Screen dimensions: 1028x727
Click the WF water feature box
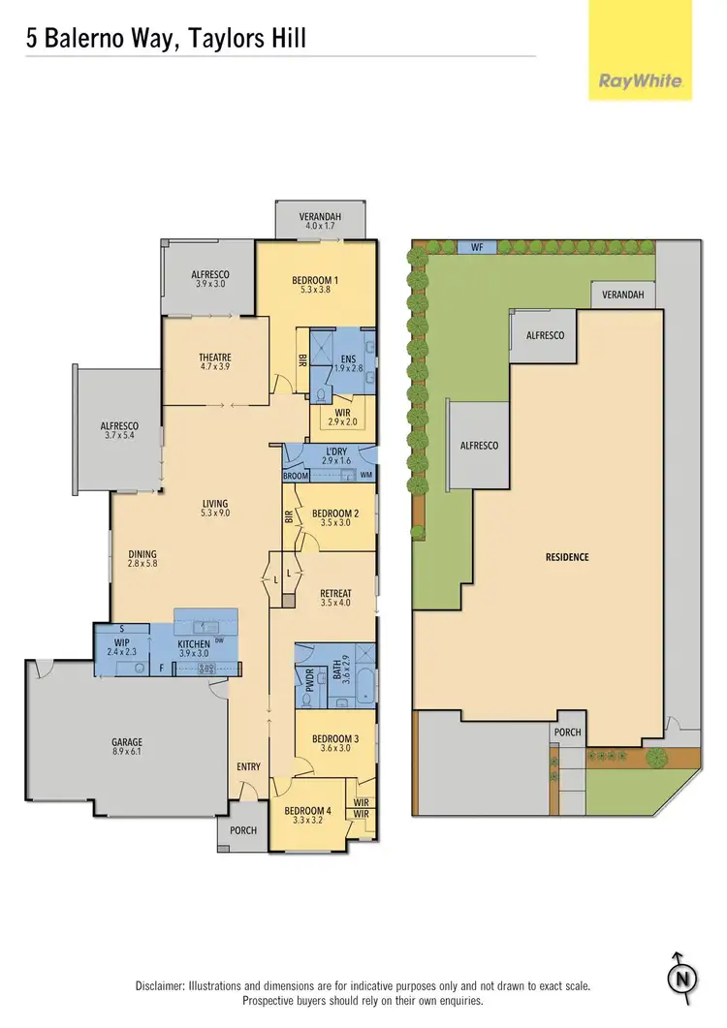[476, 247]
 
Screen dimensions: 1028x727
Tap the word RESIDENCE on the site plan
[567, 557]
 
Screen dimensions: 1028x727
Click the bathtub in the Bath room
[363, 685]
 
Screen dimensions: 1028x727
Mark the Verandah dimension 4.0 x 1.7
[321, 226]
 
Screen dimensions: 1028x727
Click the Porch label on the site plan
[567, 732]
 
